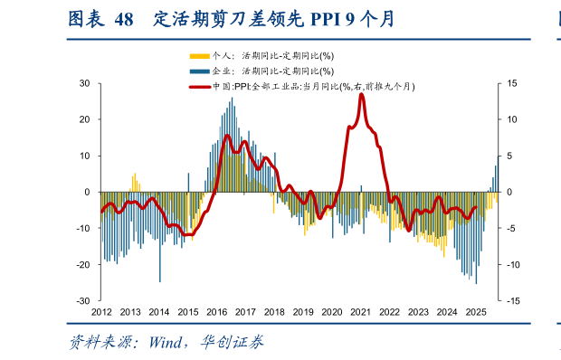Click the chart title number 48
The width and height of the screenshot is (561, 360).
[x=123, y=19]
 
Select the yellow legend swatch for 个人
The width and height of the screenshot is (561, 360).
[x=198, y=56]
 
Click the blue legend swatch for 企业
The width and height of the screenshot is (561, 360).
[x=198, y=71]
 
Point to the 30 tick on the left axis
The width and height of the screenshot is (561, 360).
[x=83, y=83]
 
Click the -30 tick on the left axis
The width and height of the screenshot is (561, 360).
[x=81, y=300]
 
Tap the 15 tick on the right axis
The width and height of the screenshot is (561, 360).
[x=511, y=83]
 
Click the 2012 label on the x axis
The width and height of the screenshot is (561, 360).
[x=101, y=312]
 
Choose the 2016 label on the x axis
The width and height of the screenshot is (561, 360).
[x=216, y=312]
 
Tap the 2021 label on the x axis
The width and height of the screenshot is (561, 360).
[x=360, y=312]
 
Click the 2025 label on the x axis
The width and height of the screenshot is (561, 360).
[x=475, y=312]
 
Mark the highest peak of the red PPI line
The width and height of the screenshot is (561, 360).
[x=362, y=94]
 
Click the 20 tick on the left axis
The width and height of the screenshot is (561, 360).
[x=83, y=119]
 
